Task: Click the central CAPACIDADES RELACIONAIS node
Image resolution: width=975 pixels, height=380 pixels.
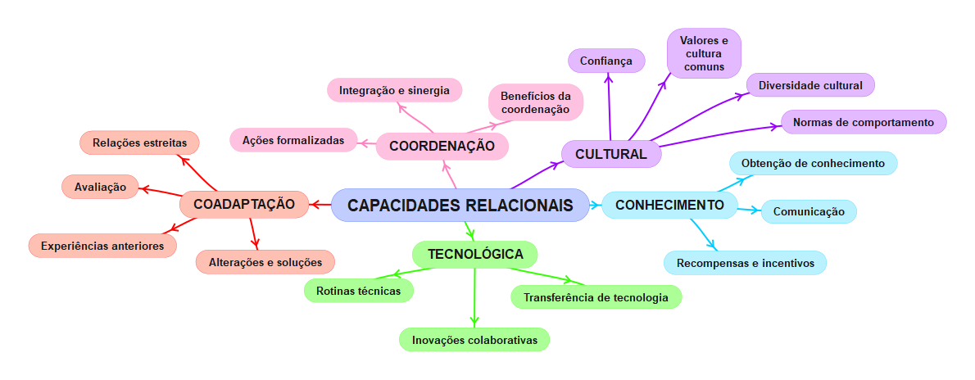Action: point(460,205)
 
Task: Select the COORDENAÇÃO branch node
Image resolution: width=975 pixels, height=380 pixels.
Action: point(442,146)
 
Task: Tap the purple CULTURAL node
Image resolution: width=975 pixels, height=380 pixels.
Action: point(610,154)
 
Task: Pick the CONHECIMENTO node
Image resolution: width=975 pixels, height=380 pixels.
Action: point(669,205)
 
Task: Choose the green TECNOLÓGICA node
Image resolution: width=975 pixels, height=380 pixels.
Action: point(475,254)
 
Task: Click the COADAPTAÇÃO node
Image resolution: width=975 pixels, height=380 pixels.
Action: point(243,204)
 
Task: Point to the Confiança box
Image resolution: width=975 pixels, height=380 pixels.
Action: point(606,61)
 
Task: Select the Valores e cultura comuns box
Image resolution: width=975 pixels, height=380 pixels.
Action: point(704,53)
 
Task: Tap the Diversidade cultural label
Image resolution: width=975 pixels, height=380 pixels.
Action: point(810,84)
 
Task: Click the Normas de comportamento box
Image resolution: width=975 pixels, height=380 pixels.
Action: point(864,122)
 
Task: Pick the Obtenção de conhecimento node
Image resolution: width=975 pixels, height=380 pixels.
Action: point(813,163)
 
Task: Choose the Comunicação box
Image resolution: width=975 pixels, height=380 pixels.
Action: point(809,211)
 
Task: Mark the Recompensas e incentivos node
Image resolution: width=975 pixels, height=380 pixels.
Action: point(745,263)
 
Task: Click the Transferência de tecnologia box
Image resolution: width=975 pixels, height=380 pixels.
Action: point(596,296)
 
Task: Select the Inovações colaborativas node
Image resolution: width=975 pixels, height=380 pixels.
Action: point(474,339)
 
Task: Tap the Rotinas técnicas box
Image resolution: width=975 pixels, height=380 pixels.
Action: point(359,290)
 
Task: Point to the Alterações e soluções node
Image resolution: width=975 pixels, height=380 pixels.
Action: point(265,262)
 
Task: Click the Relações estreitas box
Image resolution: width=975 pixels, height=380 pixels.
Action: point(139,142)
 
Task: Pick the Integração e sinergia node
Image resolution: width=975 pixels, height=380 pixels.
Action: point(394,89)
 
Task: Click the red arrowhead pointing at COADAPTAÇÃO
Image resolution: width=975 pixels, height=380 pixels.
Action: point(315,204)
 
